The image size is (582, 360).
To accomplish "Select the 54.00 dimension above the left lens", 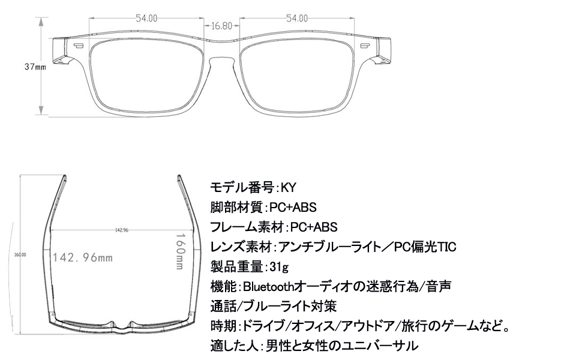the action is [x=146, y=19].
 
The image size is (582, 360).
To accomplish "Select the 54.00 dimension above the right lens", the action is [x=296, y=19].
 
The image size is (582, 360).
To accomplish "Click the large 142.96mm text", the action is [x=83, y=258].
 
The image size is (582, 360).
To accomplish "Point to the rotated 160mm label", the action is [x=179, y=252].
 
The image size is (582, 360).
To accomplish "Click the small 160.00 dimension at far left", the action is [x=20, y=255].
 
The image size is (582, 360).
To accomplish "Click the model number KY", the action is [x=290, y=187].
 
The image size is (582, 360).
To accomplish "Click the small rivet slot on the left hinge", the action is [x=79, y=46].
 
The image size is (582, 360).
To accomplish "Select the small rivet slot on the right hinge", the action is [x=364, y=46].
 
